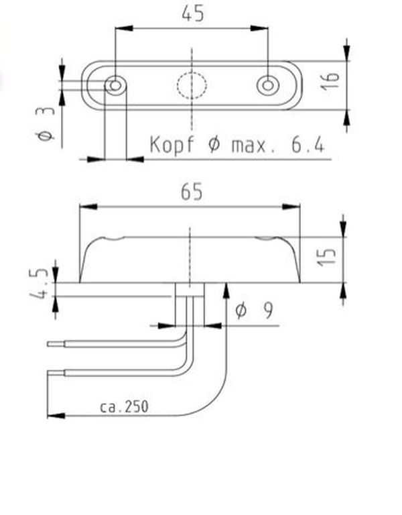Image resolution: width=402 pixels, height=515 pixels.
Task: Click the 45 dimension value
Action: click(193, 14)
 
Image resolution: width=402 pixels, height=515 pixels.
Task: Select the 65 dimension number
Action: click(192, 192)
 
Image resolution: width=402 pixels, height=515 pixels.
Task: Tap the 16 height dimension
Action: click(330, 81)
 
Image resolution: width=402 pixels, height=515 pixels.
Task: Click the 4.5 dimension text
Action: click(39, 283)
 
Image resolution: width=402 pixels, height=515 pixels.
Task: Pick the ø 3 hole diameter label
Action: click(46, 123)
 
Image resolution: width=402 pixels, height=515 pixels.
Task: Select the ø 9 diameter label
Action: click(254, 310)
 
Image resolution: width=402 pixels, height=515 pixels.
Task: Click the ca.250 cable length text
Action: click(124, 407)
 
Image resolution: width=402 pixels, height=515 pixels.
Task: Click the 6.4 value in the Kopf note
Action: click(308, 145)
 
